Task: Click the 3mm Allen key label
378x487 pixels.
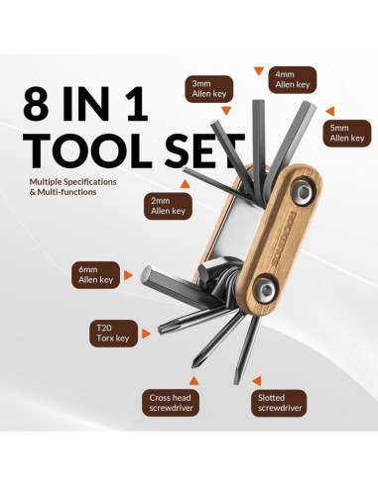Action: tap(209, 88)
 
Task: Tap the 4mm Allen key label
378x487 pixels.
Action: tap(293, 79)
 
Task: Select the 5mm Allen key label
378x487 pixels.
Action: tap(347, 133)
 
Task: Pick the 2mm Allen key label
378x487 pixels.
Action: tap(168, 206)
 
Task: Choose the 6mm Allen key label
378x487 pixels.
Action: tap(96, 275)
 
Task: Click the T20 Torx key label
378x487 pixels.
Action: tap(113, 333)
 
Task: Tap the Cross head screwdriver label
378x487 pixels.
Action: tap(171, 403)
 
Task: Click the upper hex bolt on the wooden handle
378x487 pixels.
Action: tap(303, 193)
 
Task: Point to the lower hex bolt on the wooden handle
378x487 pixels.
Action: tap(265, 290)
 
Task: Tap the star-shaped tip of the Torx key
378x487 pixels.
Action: tap(162, 329)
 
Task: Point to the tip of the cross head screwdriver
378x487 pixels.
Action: tap(194, 363)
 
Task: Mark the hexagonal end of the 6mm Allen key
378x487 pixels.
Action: tap(146, 275)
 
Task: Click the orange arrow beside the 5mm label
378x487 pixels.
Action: tap(330, 111)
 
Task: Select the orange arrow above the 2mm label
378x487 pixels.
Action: tap(185, 184)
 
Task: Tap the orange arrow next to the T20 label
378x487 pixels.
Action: tap(146, 334)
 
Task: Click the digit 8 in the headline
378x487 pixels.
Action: tap(38, 103)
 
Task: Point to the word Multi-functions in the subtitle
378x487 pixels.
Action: tap(66, 192)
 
